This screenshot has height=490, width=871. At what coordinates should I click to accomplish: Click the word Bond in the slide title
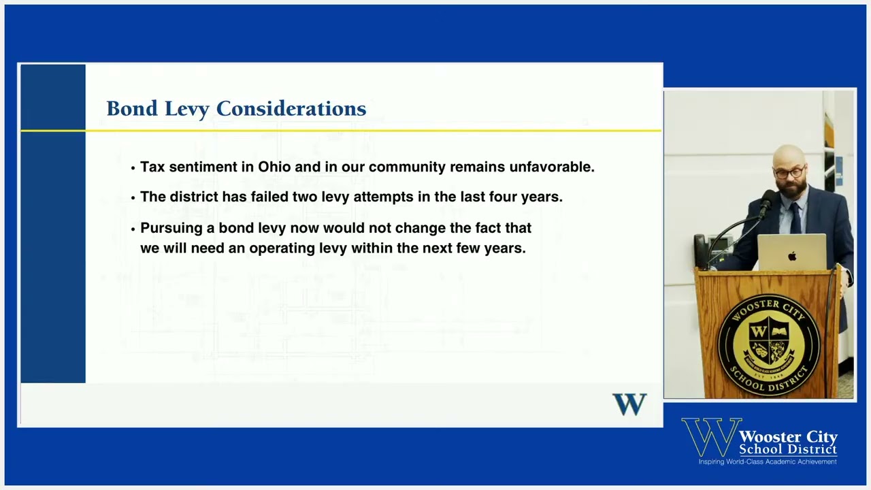132,109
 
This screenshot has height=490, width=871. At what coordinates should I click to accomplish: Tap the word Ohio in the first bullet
274,167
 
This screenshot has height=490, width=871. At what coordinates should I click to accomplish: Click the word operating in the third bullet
282,248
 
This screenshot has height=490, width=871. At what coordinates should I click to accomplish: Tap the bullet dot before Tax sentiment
133,168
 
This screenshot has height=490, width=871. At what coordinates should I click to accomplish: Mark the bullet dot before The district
133,198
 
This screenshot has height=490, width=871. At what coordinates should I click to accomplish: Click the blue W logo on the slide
629,404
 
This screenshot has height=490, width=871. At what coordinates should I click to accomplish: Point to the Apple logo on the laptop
792,256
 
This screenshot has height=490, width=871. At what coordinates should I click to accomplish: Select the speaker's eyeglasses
789,173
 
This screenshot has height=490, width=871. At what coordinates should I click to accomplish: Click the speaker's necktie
795,216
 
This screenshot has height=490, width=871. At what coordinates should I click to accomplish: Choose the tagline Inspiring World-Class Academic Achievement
768,462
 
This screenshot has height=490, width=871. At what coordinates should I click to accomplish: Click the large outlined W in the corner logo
710,437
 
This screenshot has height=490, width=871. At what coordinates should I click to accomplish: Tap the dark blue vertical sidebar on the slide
53,225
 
